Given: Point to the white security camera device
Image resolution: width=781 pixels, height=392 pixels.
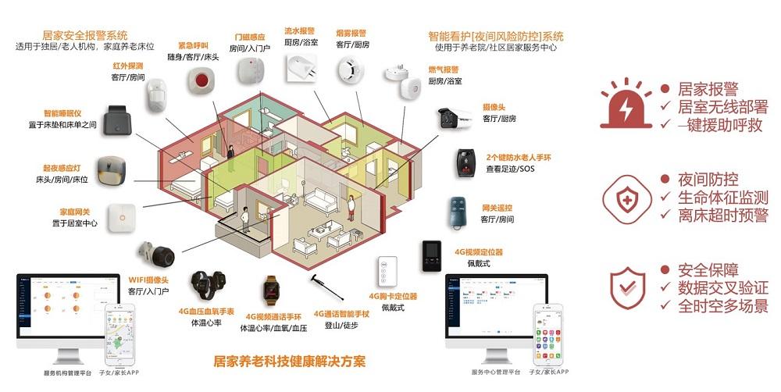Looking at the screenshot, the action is pos(456,119).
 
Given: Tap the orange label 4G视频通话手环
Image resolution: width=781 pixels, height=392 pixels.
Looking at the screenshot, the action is pos(273,317).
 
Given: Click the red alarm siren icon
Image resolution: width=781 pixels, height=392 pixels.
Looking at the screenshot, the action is pos(626,104).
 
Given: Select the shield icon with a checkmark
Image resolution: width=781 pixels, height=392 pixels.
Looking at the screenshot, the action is pos(627,286).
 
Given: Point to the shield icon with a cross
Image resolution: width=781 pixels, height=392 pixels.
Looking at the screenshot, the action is pos(626,195).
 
